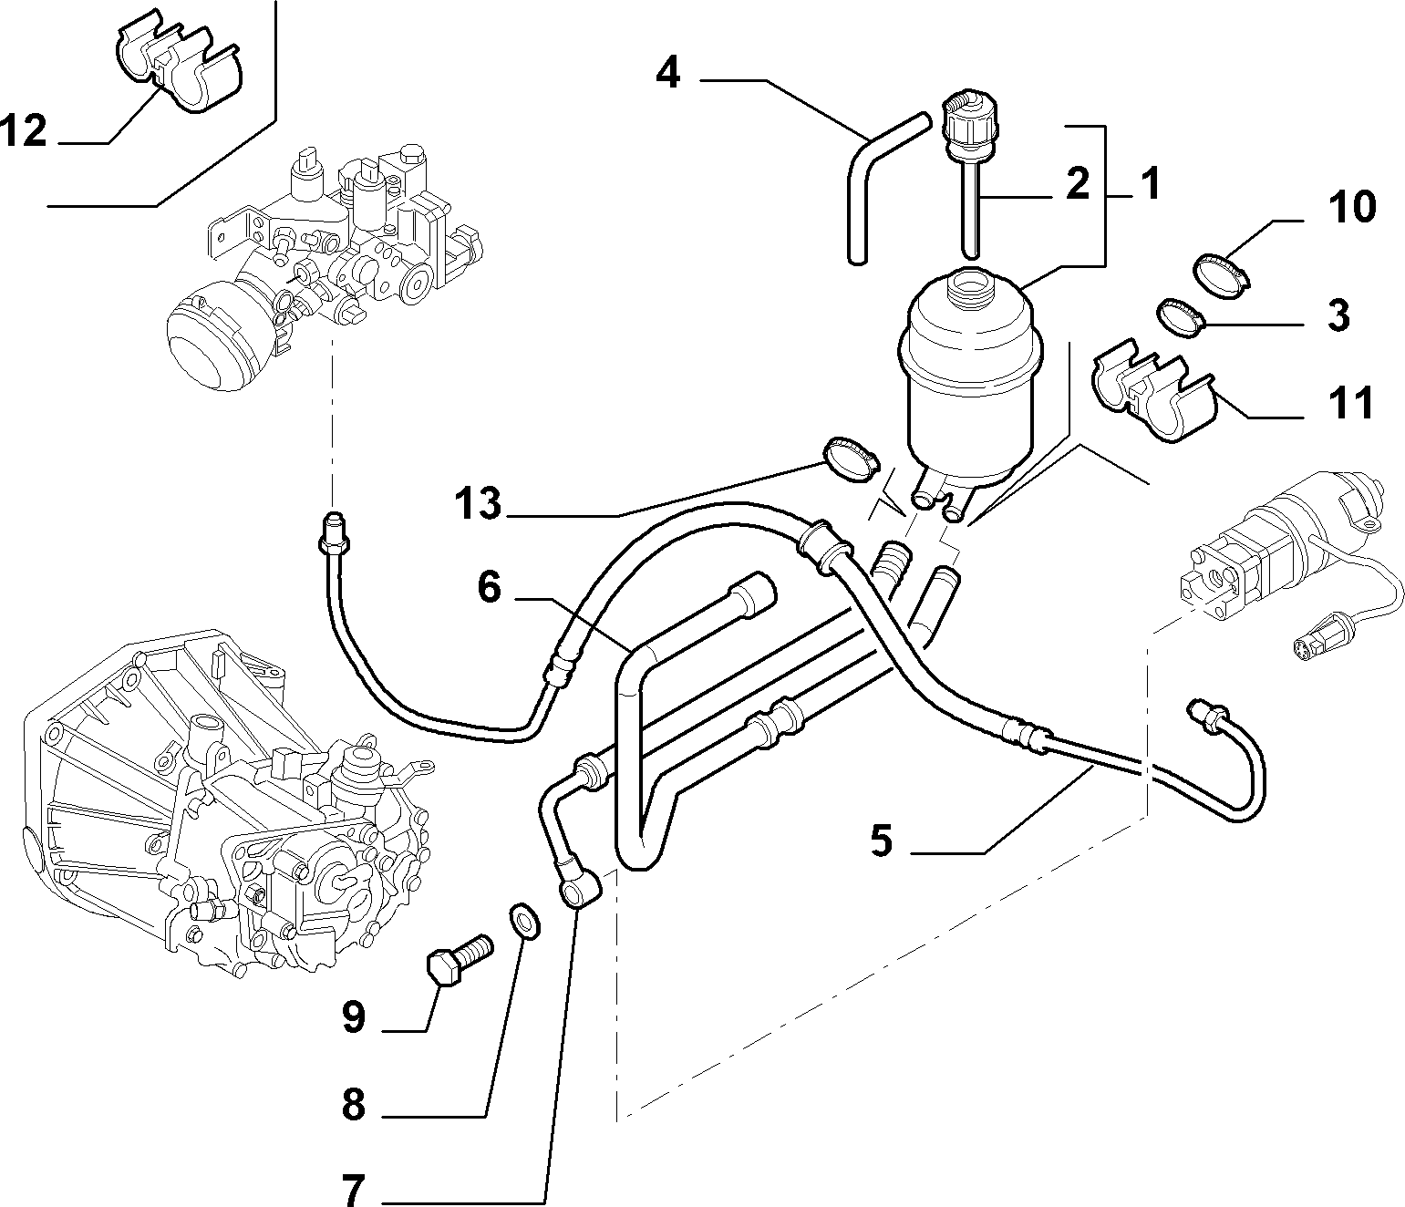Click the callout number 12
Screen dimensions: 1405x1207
pyautogui.click(x=24, y=129)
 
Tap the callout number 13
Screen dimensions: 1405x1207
pyautogui.click(x=478, y=503)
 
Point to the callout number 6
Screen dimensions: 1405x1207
pyautogui.click(x=490, y=586)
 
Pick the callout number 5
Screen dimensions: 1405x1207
pyautogui.click(x=881, y=841)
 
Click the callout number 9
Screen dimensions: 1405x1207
pyautogui.click(x=354, y=1017)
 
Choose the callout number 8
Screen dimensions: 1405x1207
pyautogui.click(x=354, y=1105)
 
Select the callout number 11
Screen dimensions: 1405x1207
pyautogui.click(x=1351, y=402)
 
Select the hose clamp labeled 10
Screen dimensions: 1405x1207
pyautogui.click(x=1221, y=274)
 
